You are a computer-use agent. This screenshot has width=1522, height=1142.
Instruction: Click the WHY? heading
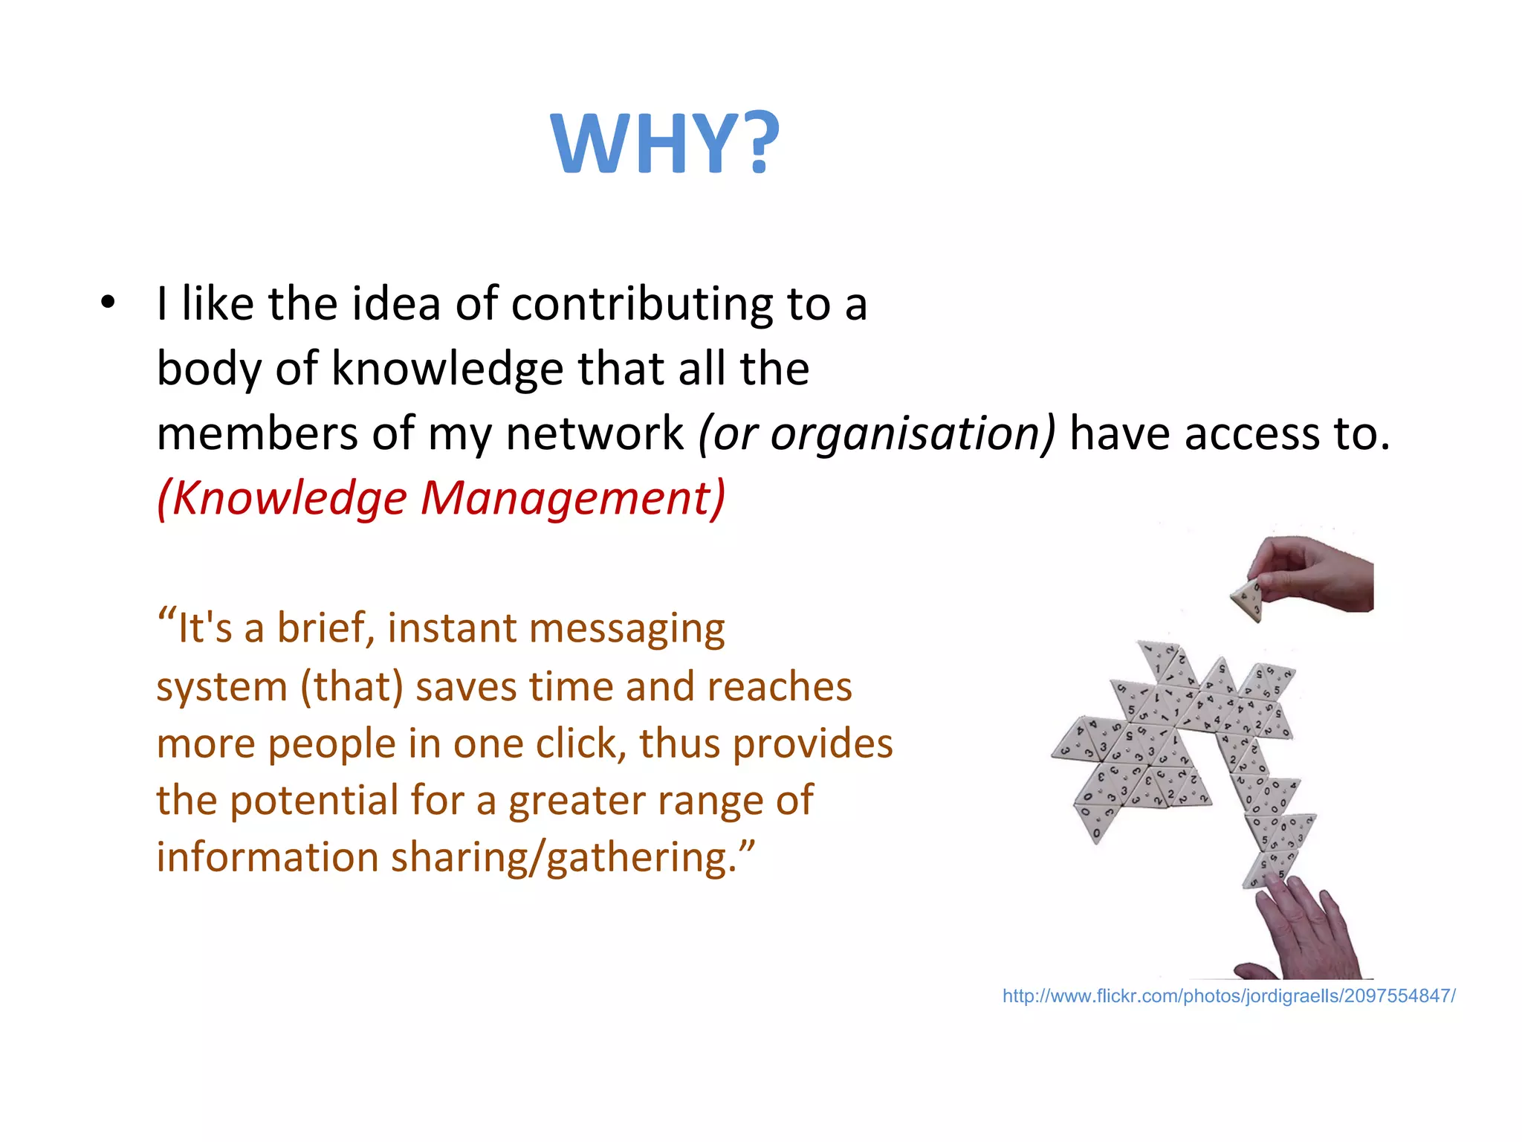[x=665, y=143]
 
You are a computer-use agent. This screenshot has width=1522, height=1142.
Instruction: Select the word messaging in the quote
[x=626, y=630]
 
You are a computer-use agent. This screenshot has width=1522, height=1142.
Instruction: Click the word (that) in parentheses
[x=352, y=686]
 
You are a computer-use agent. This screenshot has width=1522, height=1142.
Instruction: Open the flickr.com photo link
[x=1228, y=996]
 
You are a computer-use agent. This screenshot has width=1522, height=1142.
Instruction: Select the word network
[x=595, y=434]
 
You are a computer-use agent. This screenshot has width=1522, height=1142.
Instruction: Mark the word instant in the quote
[x=452, y=628]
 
